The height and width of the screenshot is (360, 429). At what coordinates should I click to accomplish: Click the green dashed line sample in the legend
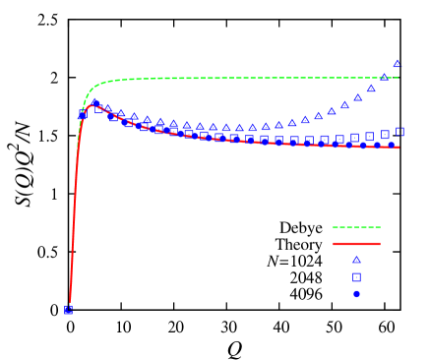pos(356,227)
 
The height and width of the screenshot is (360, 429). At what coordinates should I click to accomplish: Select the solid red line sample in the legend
pos(356,243)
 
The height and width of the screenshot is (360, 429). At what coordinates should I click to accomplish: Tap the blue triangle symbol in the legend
pos(356,260)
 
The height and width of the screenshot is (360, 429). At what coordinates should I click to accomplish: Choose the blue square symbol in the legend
pos(356,277)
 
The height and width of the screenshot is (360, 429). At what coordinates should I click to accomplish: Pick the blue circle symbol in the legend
pos(356,294)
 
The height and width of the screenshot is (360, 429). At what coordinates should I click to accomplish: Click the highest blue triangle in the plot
pos(398,64)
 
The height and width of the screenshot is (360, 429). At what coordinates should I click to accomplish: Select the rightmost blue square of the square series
pos(399,132)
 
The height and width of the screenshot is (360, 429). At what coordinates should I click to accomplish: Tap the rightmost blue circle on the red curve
pos(391,146)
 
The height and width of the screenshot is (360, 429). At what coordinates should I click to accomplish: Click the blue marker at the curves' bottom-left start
pos(68,310)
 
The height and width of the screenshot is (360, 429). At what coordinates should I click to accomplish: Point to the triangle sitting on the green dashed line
pos(385,77)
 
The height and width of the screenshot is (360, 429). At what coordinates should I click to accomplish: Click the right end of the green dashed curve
pos(398,78)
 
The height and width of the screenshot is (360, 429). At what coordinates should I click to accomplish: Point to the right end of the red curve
pos(398,148)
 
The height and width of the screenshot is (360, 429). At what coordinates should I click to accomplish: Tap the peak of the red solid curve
pos(92,105)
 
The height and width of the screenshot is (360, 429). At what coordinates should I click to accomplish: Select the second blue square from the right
pos(385,134)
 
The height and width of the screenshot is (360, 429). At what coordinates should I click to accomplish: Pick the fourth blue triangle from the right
pos(358,97)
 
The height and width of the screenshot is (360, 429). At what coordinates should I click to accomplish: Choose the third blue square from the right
pos(370,136)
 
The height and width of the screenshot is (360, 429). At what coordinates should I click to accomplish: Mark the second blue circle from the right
pos(378,146)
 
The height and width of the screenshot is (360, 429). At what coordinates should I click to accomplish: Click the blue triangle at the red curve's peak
pos(95,103)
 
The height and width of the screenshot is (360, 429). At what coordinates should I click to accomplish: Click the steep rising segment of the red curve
pos(75,216)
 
